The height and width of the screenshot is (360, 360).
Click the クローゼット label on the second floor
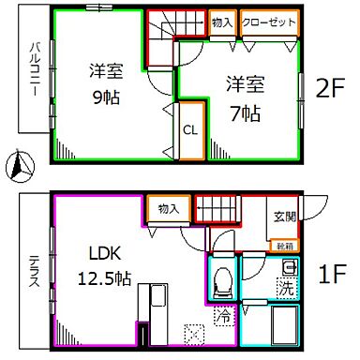tap(269, 22)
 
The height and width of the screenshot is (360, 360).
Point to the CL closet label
tap(188, 130)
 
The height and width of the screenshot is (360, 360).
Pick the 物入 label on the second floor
tap(222, 22)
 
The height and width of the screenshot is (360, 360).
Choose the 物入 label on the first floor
tap(169, 208)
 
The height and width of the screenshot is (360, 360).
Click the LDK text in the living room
tap(103, 254)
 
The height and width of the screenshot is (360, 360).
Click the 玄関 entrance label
tap(284, 217)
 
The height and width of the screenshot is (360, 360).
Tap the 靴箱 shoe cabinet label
tap(283, 246)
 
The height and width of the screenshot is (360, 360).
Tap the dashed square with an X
tap(195, 333)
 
